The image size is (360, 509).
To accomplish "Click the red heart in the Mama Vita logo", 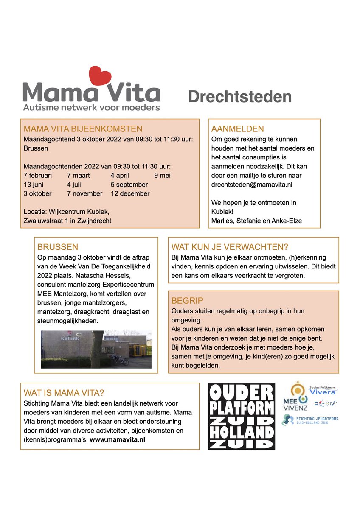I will click(x=100, y=76).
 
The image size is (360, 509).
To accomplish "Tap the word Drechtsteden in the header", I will click(x=240, y=97).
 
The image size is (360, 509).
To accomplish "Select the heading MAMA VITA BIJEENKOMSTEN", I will click(x=83, y=129).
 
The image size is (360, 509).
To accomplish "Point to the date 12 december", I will click(x=130, y=193).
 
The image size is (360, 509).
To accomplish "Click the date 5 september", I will click(x=129, y=185).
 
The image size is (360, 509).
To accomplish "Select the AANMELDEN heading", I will click(x=237, y=129).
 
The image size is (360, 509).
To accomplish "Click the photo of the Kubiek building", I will click(x=96, y=349).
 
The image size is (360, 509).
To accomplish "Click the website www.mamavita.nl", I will click(x=118, y=439).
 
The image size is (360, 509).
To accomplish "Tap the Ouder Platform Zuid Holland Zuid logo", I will click(x=242, y=416).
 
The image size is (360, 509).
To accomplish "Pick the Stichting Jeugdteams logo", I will click(x=310, y=420).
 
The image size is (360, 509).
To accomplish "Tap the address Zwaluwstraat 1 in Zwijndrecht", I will click(x=67, y=220).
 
